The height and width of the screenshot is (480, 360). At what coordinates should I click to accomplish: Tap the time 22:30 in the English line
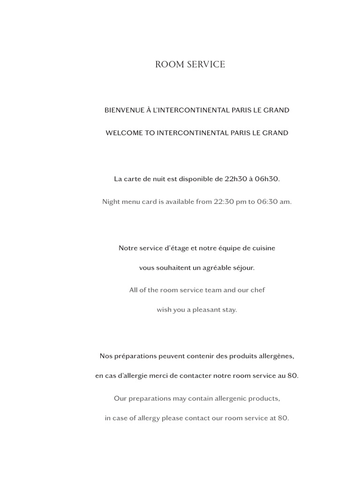coord(223,202)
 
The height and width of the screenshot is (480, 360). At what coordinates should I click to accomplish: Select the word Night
coord(111,202)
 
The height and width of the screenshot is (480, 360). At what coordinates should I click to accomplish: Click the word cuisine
coord(263,248)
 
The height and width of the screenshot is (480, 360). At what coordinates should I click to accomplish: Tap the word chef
coord(257,290)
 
